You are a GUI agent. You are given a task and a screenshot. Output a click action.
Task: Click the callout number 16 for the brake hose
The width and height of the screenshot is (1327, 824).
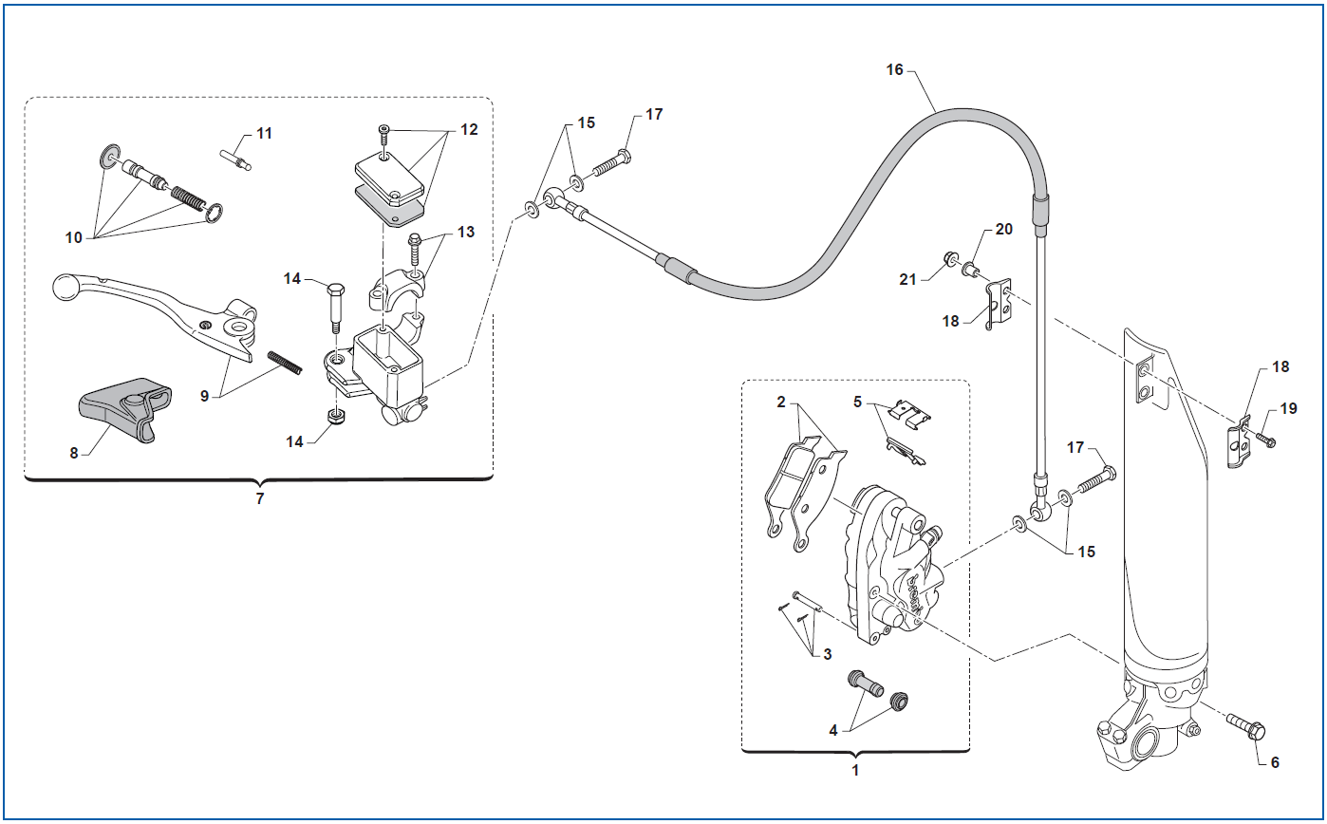click(894, 70)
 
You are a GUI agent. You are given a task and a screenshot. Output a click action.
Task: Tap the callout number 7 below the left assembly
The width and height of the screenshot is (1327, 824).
click(259, 498)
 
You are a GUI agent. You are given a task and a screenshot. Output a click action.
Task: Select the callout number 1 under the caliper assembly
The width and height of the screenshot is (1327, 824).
click(855, 771)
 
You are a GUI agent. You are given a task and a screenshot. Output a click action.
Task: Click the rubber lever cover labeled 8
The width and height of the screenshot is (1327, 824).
click(125, 409)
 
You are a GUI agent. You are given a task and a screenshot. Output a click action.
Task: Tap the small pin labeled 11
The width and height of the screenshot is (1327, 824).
click(235, 159)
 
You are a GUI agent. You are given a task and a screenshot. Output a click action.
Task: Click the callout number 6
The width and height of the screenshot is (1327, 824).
click(1275, 762)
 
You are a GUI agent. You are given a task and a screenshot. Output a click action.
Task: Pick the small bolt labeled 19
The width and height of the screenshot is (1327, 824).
click(1265, 440)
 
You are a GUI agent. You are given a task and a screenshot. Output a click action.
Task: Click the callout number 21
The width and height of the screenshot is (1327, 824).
click(907, 279)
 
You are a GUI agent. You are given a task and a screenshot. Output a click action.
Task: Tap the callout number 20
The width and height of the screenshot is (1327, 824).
click(1003, 229)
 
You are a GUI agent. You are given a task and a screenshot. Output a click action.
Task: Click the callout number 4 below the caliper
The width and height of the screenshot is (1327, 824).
click(832, 731)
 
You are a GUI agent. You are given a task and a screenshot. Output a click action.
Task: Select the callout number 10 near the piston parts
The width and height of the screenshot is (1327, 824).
click(73, 237)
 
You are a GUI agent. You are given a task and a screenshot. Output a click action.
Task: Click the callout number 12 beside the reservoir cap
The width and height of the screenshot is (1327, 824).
click(469, 130)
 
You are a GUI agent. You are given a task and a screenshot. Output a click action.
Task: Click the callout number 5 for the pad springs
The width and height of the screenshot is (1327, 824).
click(857, 402)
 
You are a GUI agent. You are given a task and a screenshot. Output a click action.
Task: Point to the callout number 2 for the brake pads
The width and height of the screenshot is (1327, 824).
click(781, 403)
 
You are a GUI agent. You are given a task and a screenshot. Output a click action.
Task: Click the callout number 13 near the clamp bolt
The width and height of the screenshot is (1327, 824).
click(466, 232)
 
